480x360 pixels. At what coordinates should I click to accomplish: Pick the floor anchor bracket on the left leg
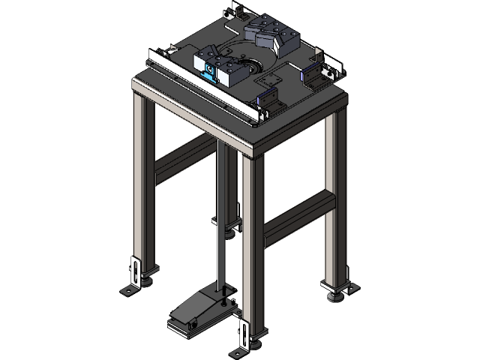[133, 274]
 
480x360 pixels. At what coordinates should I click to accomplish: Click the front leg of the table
[253, 247]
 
